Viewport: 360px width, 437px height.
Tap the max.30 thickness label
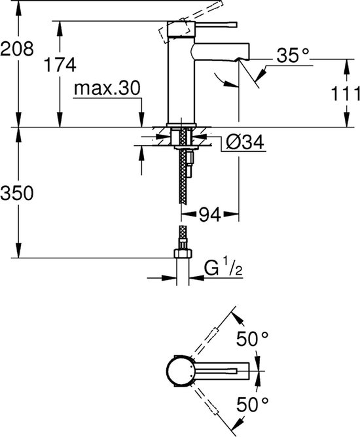pyautogui.click(x=107, y=88)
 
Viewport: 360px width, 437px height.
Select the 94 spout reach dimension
pyautogui.click(x=207, y=213)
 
